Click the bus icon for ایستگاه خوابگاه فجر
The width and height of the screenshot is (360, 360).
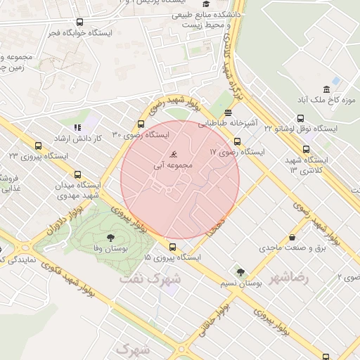click(79, 22)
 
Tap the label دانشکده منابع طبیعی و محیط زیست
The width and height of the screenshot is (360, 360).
click(203, 19)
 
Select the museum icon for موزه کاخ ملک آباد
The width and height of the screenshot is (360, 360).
click(326, 89)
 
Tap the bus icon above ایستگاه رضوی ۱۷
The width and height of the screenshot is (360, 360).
click(237, 141)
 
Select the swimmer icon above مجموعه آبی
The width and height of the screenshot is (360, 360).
click(174, 155)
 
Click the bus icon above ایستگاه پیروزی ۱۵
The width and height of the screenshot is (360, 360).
click(172, 247)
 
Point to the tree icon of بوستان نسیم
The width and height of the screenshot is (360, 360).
click(240, 271)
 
